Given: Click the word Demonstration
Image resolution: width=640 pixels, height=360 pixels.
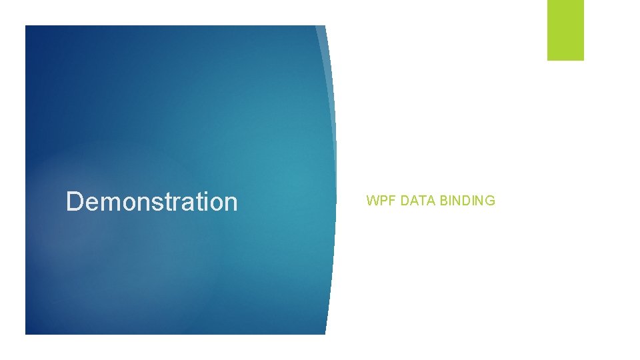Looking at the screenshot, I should tap(151, 201).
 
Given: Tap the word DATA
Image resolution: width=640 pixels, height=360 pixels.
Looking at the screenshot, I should tap(419, 200).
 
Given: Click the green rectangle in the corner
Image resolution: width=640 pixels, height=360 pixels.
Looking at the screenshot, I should tap(565, 30).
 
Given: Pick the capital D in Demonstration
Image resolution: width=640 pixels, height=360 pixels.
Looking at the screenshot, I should tap(74, 201).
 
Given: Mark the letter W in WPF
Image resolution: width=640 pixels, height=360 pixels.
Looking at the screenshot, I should tap(372, 200).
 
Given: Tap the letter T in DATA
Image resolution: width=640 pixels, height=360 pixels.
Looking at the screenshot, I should tap(420, 200).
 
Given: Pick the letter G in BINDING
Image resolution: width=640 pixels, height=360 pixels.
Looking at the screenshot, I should tap(491, 200).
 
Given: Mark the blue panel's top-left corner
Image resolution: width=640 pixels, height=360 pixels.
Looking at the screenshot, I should tap(26, 26).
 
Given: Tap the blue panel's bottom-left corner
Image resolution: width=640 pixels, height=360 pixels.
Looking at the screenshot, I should tap(26, 333).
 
